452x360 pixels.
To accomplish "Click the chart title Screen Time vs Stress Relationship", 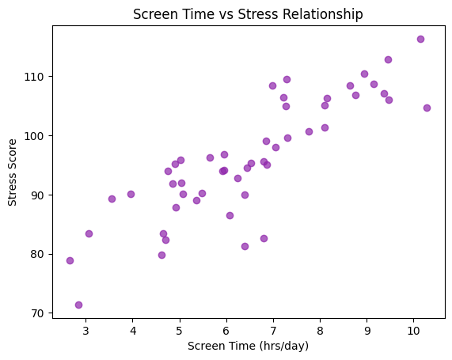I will click(248, 14).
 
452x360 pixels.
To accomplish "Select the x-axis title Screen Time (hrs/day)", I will click(248, 346).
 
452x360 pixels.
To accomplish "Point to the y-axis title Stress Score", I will click(13, 171).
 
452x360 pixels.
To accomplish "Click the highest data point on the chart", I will click(420, 39).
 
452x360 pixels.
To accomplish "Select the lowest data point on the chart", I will click(78, 305).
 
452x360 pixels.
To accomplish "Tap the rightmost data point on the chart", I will click(427, 108).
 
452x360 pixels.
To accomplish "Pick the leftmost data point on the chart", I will click(70, 260).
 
